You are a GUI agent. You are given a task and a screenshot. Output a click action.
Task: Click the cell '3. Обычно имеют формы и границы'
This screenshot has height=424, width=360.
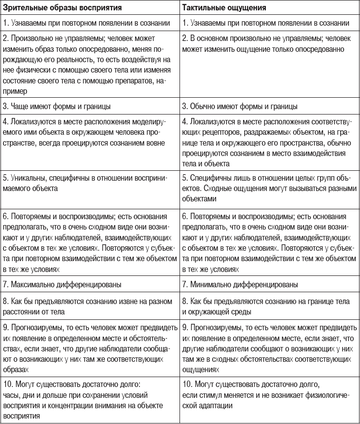click(x=240, y=106)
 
